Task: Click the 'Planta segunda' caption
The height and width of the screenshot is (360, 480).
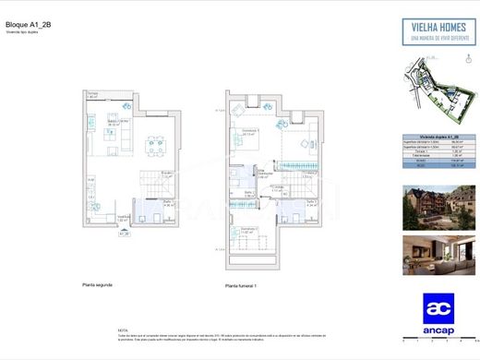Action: (96, 284)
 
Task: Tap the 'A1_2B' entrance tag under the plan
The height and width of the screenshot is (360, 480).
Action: (124, 234)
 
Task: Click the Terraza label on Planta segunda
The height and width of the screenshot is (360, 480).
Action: (92, 94)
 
